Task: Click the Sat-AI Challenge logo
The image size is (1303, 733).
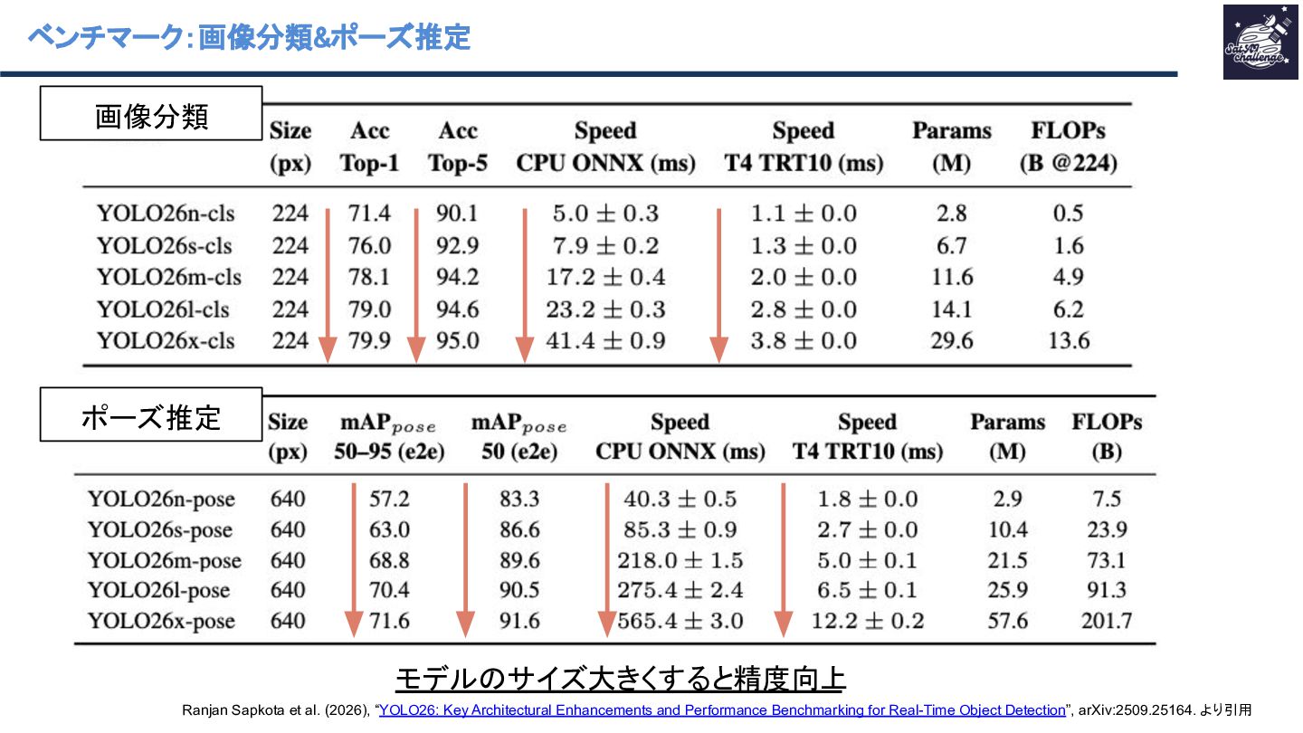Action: point(1260,42)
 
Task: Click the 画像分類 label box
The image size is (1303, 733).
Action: point(151,114)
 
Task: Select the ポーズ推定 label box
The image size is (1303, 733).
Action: point(151,415)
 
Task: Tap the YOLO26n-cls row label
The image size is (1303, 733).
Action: point(166,214)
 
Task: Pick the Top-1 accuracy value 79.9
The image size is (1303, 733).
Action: point(370,341)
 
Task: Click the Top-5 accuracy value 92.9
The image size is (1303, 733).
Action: point(457,245)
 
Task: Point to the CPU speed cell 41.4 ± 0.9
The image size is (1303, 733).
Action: point(605,341)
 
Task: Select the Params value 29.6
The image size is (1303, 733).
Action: point(952,341)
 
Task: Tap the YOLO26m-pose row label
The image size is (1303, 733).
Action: point(165,560)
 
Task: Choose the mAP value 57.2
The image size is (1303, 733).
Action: point(389,500)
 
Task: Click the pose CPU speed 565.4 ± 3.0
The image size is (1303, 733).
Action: point(680,621)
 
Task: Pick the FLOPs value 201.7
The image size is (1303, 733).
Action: point(1106,621)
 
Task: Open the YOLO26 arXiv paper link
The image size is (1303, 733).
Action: point(722,710)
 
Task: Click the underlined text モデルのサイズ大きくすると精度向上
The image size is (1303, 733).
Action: point(621,679)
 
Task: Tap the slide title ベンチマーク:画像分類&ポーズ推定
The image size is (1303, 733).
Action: point(249,37)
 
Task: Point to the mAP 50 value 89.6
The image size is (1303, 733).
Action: point(519,560)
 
